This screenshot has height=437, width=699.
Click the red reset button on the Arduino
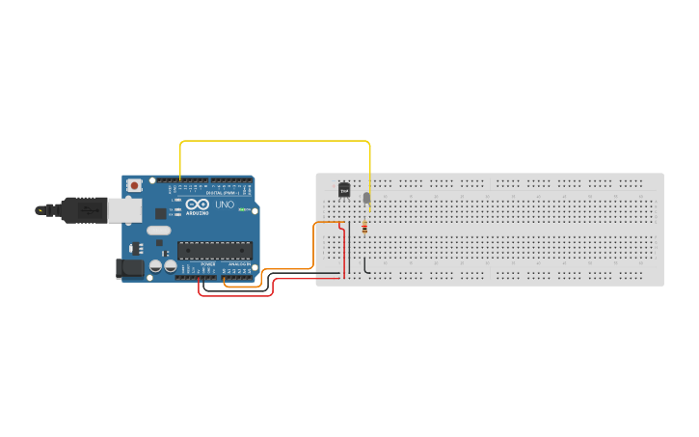coord(135,183)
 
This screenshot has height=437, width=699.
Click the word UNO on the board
coord(224,205)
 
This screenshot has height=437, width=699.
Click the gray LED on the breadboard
coord(366,199)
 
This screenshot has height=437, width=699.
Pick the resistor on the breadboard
coord(363,229)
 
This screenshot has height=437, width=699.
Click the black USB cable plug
coord(82,209)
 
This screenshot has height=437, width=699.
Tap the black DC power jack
coord(128,269)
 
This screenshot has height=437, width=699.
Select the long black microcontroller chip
coord(214,250)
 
